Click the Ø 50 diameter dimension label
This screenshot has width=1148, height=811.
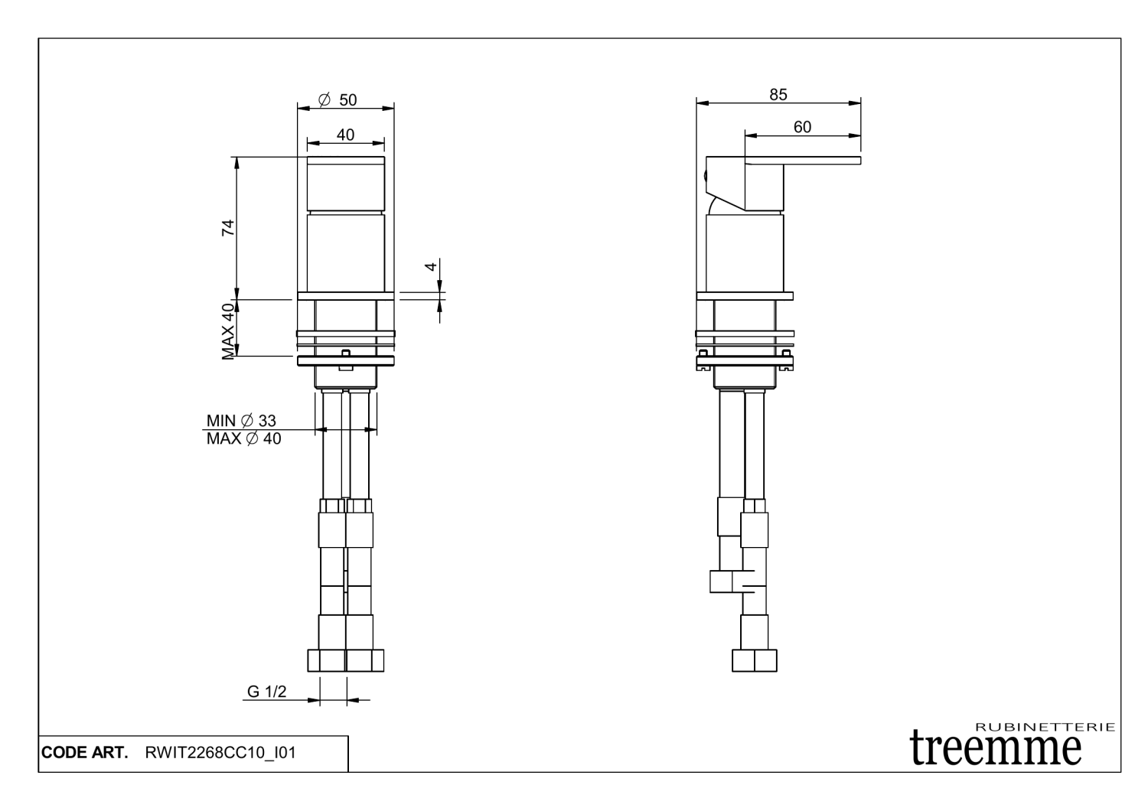338,100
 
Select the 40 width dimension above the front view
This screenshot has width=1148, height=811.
345,135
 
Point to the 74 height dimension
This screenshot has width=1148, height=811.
228,227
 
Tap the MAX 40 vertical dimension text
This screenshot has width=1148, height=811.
228,331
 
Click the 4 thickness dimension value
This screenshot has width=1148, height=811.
431,266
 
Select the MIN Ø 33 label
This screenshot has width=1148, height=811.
241,421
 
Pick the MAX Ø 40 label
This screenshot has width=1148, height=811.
243,439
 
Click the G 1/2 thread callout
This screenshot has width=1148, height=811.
266,692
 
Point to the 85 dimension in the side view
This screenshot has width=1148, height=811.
778,95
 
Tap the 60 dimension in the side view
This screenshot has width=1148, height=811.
802,127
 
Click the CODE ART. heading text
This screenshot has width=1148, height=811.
84,753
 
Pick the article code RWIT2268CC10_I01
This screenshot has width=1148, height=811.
220,753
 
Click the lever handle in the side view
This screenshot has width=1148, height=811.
804,161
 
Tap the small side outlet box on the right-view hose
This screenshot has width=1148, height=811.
722,581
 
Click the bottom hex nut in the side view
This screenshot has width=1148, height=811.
754,660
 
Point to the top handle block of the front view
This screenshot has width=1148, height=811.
345,184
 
